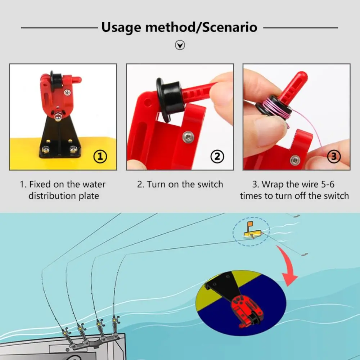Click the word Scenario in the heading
click(x=230, y=27)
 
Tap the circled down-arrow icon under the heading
click(x=180, y=45)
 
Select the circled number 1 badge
click(x=100, y=157)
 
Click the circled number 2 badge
click(x=217, y=157)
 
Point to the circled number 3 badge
click(x=334, y=157)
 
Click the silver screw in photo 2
click(x=188, y=137)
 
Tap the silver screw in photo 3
click(x=295, y=160)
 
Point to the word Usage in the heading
click(x=121, y=28)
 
